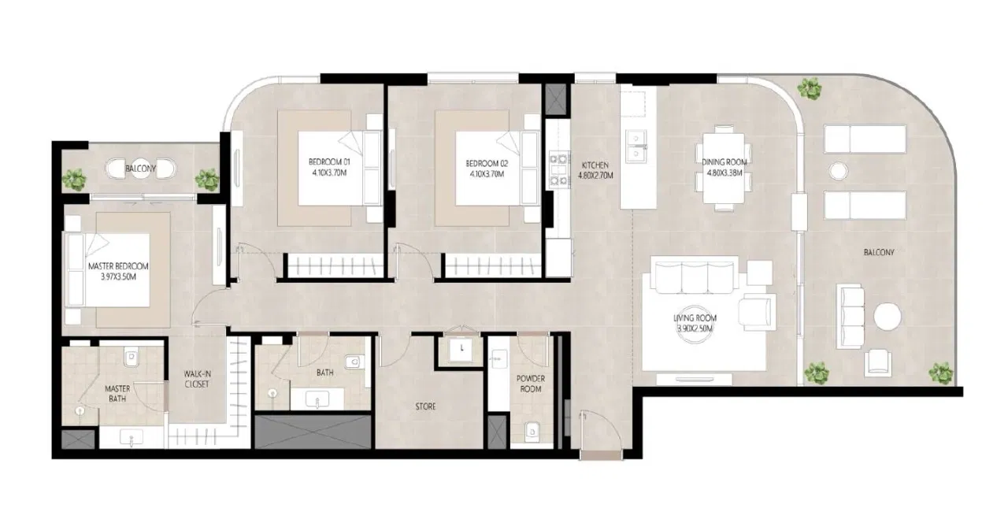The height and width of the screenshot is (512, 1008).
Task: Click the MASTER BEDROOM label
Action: coord(118,267)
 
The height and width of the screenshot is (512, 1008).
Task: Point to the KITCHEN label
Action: coord(595,165)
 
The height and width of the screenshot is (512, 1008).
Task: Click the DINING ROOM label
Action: coord(724,162)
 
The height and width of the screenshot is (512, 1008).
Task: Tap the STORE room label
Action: coord(426,407)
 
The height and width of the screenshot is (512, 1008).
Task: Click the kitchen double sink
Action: coord(637,143)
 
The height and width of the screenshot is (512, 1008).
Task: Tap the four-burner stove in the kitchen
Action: coord(558,169)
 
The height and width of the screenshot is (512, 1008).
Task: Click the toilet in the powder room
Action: coord(532,430)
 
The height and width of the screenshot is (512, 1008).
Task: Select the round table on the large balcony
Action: coord(888,317)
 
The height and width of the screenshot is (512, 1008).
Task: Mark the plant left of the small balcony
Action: coord(76,180)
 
